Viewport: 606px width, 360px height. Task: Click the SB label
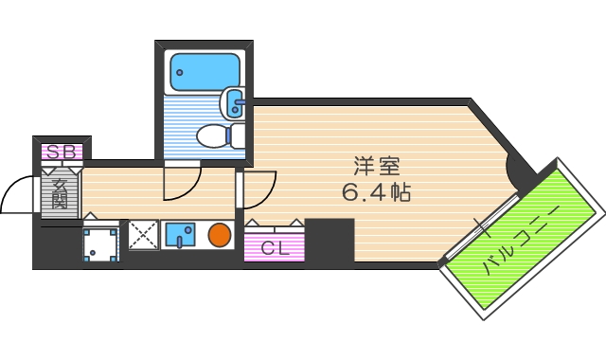pyautogui.click(x=61, y=151)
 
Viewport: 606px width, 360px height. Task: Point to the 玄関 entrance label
pyautogui.click(x=59, y=194)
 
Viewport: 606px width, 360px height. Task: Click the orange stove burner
pyautogui.click(x=220, y=234)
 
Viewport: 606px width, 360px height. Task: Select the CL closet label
pyautogui.click(x=275, y=249)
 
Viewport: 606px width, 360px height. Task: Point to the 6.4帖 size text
pyautogui.click(x=376, y=192)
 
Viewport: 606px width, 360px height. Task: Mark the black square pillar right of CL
pyautogui.click(x=330, y=242)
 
